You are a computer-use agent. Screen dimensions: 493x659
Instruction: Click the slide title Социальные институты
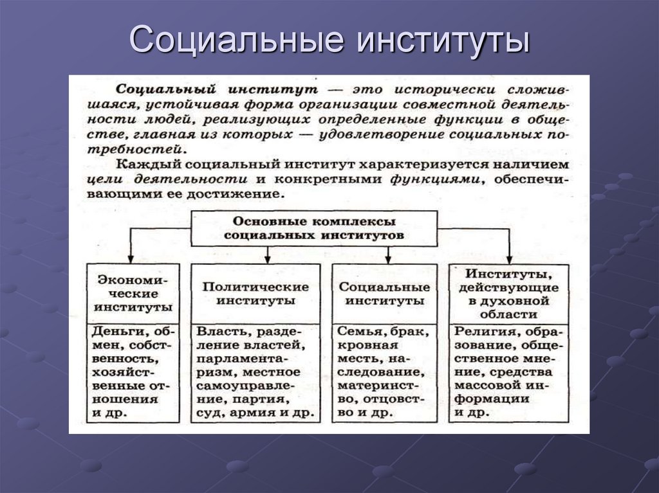(x=329, y=40)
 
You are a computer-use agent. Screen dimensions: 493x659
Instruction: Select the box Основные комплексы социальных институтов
(x=315, y=228)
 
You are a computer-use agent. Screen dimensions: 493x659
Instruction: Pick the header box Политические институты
(x=255, y=292)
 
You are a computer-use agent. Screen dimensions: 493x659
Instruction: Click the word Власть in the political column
(x=220, y=332)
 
